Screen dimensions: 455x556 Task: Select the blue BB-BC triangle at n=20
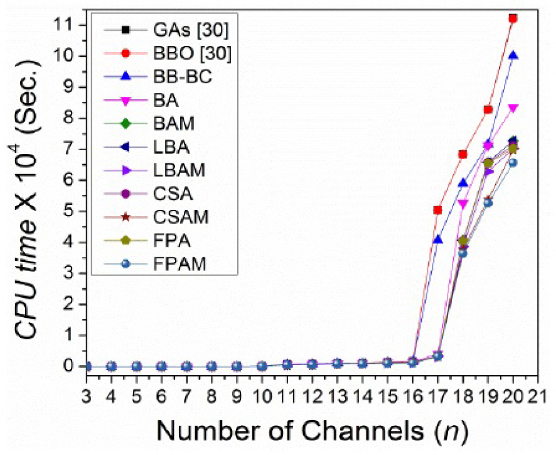[x=513, y=55]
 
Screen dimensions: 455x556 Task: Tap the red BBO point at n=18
[x=463, y=154]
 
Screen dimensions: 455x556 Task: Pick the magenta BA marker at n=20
[x=513, y=108]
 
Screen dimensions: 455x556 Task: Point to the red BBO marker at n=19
[x=488, y=109]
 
